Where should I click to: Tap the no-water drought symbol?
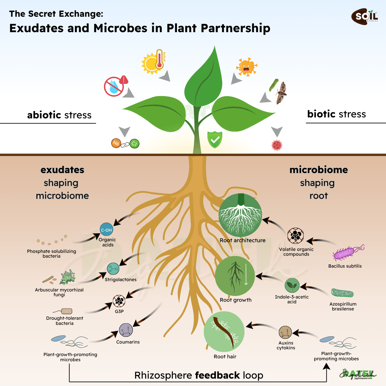click(x=114, y=87)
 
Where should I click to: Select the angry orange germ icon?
click(x=247, y=67)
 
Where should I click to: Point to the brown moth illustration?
click(x=281, y=93)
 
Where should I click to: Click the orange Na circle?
click(x=116, y=143)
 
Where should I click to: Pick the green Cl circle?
click(x=134, y=143)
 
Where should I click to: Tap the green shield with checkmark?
click(x=215, y=140)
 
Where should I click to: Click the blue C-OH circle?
click(x=106, y=230)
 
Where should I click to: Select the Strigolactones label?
click(x=121, y=280)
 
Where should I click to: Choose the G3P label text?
click(x=119, y=311)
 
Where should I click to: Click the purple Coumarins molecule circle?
click(x=126, y=330)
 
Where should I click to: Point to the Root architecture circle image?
click(x=240, y=215)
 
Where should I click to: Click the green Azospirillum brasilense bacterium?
click(x=342, y=293)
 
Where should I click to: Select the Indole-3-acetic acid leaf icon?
click(x=292, y=285)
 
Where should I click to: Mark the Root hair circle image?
click(x=224, y=332)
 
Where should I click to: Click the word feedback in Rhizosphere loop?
click(x=217, y=375)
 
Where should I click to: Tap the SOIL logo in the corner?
click(x=364, y=16)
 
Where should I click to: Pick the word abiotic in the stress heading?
click(x=44, y=115)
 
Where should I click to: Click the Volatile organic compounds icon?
click(x=296, y=235)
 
